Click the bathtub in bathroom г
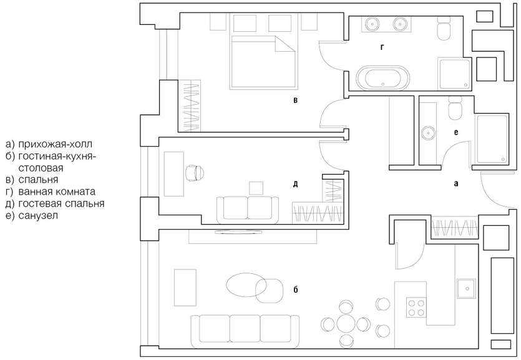tap(384, 79)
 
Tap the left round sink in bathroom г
tap(372, 24)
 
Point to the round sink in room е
tap(429, 132)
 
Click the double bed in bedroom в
tap(263, 61)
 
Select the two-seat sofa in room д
tap(248, 208)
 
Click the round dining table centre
tap(345, 324)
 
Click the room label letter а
tap(455, 184)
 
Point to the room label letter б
tap(296, 290)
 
